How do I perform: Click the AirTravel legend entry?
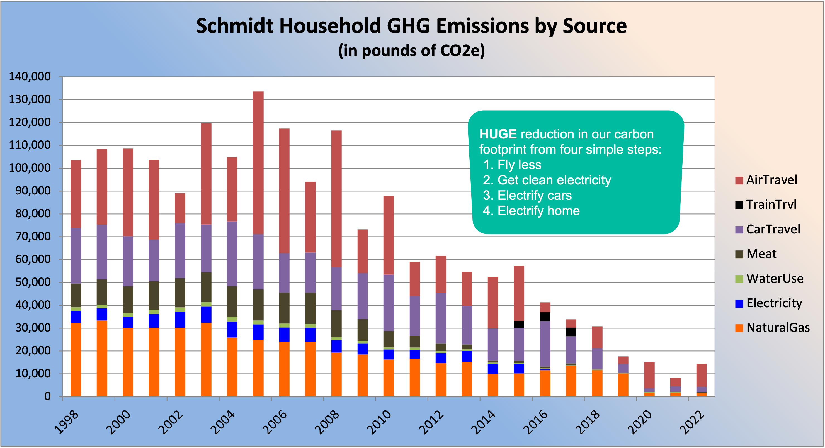771,180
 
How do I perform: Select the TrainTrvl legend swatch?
739,205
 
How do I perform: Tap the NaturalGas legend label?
778,328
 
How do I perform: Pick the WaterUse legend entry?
774,279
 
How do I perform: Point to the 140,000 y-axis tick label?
30,77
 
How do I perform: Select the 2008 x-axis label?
327,422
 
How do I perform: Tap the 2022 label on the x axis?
692,422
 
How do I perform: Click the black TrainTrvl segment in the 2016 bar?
545,317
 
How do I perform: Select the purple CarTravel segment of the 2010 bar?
389,303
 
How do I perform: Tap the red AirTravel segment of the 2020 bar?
649,375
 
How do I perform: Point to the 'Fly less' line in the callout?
519,165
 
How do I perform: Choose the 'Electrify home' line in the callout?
538,211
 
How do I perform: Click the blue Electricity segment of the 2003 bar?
206,315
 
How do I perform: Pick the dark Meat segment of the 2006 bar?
284,308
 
